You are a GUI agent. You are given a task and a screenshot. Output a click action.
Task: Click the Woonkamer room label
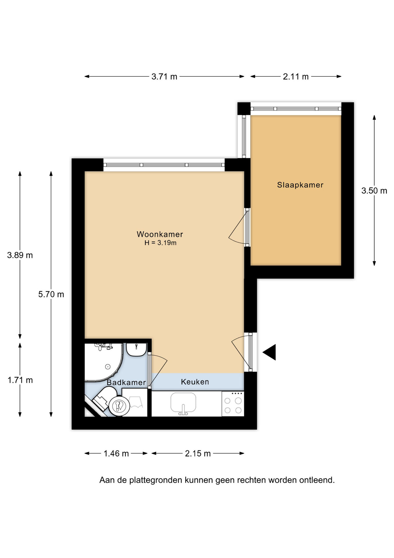coord(160,234)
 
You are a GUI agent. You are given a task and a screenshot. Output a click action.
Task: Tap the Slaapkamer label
coord(300,185)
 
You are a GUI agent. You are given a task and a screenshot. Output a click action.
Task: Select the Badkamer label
coord(126,382)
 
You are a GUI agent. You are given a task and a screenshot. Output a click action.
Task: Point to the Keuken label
coord(195,382)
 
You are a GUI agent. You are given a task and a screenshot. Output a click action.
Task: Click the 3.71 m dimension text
coord(164,77)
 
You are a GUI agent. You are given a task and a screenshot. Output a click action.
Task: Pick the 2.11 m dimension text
coord(296,77)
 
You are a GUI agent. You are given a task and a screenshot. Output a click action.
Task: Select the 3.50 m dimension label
coord(374,191)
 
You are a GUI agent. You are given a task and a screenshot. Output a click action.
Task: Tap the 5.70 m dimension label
coord(51,294)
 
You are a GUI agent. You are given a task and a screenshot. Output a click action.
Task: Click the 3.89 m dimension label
coord(20,255)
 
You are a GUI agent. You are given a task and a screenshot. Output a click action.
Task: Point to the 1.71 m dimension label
coord(20,380)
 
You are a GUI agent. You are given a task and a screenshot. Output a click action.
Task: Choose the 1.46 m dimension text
coord(116,453)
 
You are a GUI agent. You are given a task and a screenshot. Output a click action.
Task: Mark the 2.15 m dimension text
coord(198,453)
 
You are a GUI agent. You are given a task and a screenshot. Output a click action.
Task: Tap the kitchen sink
coord(183,403)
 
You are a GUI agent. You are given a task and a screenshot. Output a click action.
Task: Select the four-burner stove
coord(233,404)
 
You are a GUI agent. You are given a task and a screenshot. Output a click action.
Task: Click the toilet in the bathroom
coord(112,402)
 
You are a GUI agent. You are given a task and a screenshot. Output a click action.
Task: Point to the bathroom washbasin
coord(136,349)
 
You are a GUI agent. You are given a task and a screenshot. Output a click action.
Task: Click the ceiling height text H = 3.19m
coord(160,243)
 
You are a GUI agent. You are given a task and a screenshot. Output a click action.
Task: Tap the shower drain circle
coord(108,367)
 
